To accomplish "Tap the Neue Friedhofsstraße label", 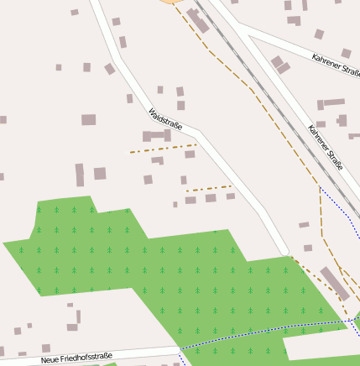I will click(77, 359).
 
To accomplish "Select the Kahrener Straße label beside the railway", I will click(326, 147).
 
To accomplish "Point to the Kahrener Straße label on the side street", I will click(335, 61).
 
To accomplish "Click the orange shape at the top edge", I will click(173, 2).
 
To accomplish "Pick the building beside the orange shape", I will click(198, 20).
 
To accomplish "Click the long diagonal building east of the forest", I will click(335, 282).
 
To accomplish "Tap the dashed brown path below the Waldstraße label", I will click(164, 149).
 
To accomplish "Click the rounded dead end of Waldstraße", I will click(286, 250).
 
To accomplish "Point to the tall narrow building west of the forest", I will click(80, 175).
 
